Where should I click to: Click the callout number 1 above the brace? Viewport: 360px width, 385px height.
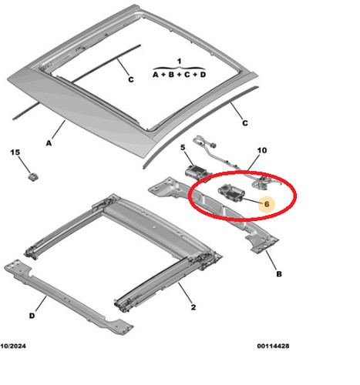pos(179,62)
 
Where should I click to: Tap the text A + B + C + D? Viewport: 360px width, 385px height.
pos(179,75)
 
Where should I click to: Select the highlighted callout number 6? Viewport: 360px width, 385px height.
pos(267,204)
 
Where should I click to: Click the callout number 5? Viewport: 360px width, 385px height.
pos(183,148)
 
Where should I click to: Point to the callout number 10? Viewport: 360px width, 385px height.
pos(262,150)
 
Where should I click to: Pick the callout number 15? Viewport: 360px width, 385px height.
pos(15,152)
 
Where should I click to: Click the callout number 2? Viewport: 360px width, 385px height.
pos(193,307)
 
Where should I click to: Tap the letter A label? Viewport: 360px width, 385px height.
pos(49,143)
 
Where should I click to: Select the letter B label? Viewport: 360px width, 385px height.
pos(279,274)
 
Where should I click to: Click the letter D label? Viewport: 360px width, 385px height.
pos(32,316)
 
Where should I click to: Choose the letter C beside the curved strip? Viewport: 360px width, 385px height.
pos(245,123)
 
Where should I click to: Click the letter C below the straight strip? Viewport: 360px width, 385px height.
pos(131,80)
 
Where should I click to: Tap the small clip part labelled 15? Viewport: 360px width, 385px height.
pos(33,177)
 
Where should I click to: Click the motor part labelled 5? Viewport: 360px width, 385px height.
pos(197,172)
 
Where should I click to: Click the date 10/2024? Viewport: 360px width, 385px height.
pos(13,346)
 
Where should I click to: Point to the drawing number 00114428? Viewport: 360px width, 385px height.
pos(273,346)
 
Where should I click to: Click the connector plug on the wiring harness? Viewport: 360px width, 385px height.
pos(213,146)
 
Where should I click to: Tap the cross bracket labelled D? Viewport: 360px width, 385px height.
pos(69,297)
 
